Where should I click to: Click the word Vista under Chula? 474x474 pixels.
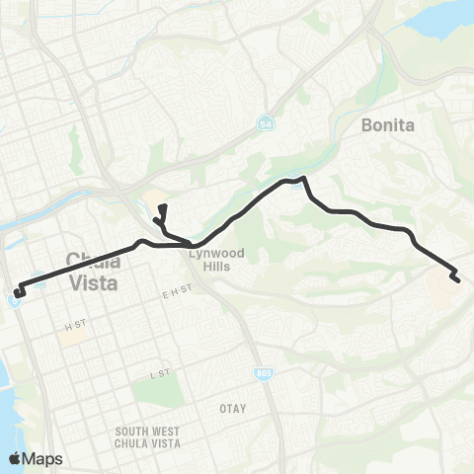(x=96, y=282)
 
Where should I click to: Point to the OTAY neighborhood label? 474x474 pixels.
(x=233, y=407)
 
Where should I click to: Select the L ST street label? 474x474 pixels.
(x=154, y=376)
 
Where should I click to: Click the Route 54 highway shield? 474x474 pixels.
(x=267, y=124)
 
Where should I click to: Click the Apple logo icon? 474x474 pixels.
(x=15, y=457)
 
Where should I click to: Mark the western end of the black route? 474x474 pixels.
(x=18, y=293)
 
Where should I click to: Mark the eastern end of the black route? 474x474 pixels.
(x=458, y=280)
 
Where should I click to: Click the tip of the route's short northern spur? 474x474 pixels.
(x=163, y=206)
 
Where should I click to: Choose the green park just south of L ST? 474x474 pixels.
(x=151, y=394)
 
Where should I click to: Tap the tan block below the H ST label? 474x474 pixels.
(x=70, y=338)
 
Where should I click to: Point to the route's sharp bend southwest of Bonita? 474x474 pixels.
(x=304, y=180)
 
